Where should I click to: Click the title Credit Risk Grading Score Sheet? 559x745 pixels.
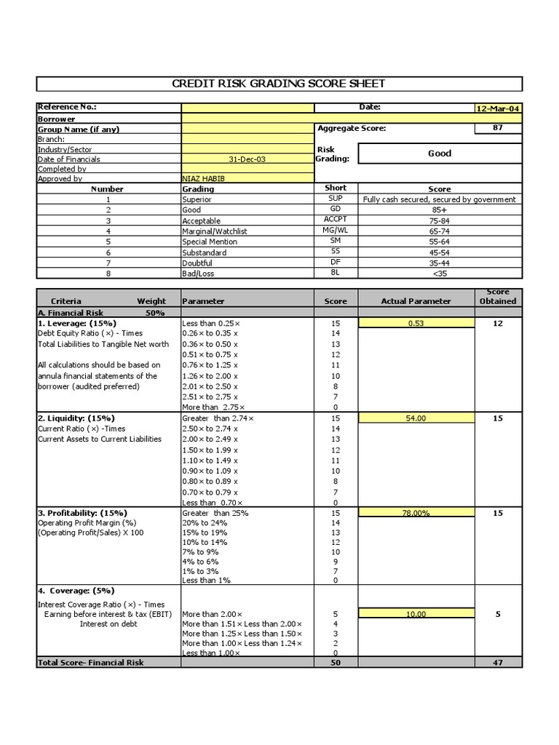pyautogui.click(x=279, y=84)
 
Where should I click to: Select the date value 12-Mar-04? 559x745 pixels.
pyautogui.click(x=498, y=108)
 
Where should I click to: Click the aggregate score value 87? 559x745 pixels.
pyautogui.click(x=498, y=128)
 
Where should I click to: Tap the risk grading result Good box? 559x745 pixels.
pyautogui.click(x=440, y=154)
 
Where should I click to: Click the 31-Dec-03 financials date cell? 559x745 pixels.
pyautogui.click(x=247, y=159)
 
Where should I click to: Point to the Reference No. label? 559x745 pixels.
pyautogui.click(x=67, y=108)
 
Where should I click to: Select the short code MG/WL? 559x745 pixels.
pyautogui.click(x=336, y=231)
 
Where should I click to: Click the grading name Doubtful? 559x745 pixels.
pyautogui.click(x=196, y=263)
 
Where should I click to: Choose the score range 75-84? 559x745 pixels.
pyautogui.click(x=440, y=220)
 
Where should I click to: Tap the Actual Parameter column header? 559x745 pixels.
pyautogui.click(x=416, y=301)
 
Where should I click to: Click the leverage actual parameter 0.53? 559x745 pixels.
pyautogui.click(x=416, y=324)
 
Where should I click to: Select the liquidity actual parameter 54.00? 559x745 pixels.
pyautogui.click(x=416, y=419)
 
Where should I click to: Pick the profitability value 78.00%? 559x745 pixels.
pyautogui.click(x=416, y=514)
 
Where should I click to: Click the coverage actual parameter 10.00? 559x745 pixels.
pyautogui.click(x=416, y=614)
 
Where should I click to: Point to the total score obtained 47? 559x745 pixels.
pyautogui.click(x=498, y=663)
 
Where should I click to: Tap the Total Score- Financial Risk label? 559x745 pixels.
pyautogui.click(x=90, y=663)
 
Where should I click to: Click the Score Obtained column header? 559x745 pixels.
pyautogui.click(x=498, y=296)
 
